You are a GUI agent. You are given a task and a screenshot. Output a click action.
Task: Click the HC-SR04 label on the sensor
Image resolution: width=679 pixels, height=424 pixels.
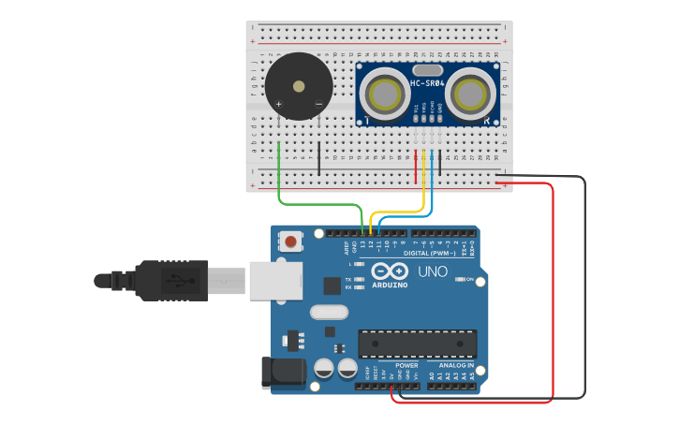pyautogui.click(x=426, y=84)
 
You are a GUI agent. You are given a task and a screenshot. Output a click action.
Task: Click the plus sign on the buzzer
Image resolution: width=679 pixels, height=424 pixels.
pyautogui.click(x=279, y=104)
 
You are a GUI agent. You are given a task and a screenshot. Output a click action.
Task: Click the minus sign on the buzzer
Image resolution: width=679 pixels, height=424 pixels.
pyautogui.click(x=318, y=104)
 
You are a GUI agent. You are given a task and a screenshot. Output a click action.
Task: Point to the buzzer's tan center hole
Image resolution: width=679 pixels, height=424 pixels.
pyautogui.click(x=299, y=86)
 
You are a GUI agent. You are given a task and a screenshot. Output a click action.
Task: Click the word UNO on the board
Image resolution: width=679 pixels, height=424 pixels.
pyautogui.click(x=432, y=272)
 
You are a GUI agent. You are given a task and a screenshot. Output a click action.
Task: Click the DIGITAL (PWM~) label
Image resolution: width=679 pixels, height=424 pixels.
pyautogui.click(x=430, y=254)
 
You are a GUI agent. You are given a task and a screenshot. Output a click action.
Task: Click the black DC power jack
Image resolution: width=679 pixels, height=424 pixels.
pyautogui.click(x=282, y=373)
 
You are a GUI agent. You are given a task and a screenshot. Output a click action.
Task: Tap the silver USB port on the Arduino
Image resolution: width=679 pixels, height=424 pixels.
pyautogui.click(x=275, y=280)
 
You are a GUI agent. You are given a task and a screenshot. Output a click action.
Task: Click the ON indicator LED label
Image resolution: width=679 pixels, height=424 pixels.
pyautogui.click(x=468, y=279)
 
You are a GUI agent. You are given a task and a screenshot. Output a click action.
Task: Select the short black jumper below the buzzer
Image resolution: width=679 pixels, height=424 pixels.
pyautogui.click(x=318, y=159)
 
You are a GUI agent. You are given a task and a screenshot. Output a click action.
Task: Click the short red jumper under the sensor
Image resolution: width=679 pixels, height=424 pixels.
pyautogui.click(x=416, y=166)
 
